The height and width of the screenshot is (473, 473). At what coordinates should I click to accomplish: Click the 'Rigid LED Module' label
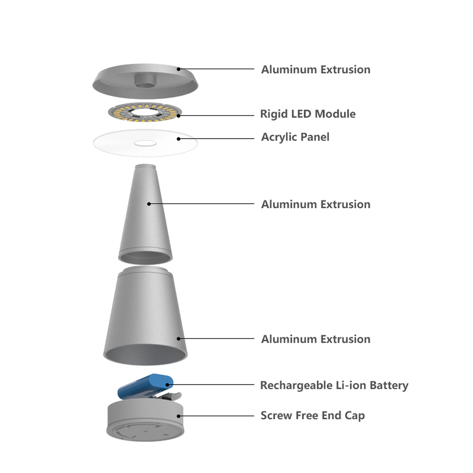308,114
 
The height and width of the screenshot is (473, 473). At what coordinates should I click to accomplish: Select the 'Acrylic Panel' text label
295,137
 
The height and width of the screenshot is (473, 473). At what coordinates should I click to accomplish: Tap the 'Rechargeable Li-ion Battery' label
334,385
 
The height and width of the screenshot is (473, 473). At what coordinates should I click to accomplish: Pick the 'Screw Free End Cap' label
313,416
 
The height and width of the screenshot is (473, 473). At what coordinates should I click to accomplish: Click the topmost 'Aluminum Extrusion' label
316,70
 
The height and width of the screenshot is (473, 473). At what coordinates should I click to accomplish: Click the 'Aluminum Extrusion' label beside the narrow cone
316,204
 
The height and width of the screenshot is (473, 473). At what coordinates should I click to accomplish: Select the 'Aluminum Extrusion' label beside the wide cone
316,339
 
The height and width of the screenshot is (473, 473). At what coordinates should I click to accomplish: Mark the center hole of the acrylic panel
145,143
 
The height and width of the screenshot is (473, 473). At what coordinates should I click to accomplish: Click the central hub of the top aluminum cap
146,81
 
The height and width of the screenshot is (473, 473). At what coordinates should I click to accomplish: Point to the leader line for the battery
211,385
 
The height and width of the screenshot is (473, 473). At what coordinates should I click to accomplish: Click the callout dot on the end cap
179,416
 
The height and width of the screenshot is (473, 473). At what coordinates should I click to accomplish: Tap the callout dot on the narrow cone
149,204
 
